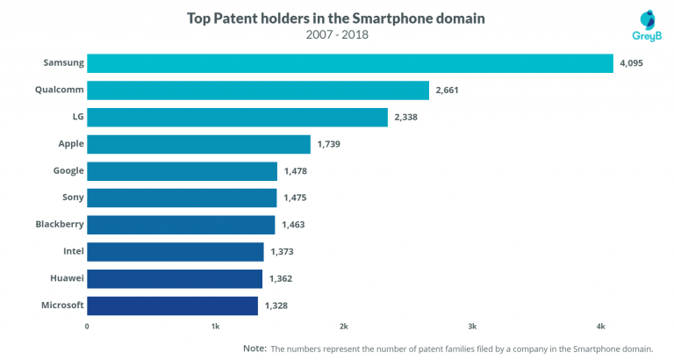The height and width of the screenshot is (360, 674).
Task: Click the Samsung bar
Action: click(x=349, y=63)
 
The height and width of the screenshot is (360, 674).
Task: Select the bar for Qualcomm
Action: click(x=258, y=90)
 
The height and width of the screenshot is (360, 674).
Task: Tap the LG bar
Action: click(x=237, y=118)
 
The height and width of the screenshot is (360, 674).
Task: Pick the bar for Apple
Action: click(x=198, y=144)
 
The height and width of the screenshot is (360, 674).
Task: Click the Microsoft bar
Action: click(x=172, y=306)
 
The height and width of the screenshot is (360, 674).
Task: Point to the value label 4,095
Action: click(x=632, y=63)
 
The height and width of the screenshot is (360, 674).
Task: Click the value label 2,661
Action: click(x=447, y=90)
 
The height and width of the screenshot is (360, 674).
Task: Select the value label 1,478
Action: click(x=295, y=171)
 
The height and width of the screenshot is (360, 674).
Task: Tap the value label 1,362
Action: click(x=280, y=278)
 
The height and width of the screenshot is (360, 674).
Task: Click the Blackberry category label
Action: click(x=60, y=225)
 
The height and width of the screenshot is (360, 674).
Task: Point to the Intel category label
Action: click(x=74, y=251)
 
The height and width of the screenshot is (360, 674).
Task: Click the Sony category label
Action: click(x=73, y=198)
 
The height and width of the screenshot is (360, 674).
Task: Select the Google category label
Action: click(x=68, y=171)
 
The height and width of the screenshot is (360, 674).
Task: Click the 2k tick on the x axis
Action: click(x=344, y=327)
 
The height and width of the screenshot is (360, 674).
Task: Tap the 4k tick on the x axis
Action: click(x=600, y=327)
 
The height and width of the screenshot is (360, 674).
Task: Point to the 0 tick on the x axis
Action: click(x=87, y=327)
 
